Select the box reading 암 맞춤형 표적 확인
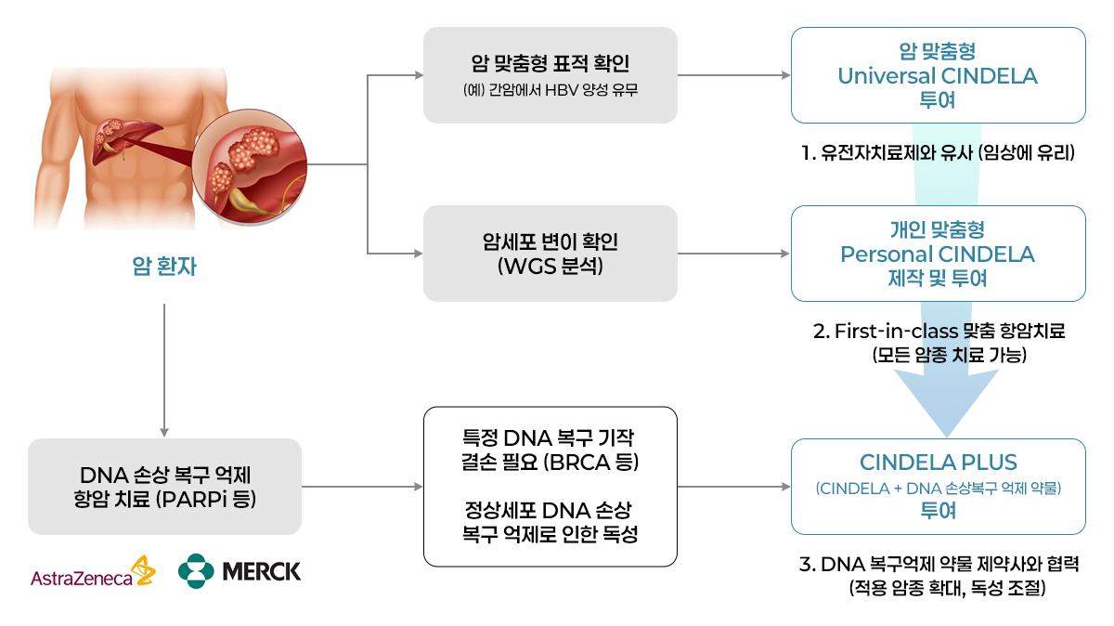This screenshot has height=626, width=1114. tap(550, 75)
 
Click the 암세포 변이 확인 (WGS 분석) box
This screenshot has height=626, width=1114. tap(550, 254)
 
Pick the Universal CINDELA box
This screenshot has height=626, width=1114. tap(938, 75)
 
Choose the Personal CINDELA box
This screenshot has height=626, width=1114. tap(938, 254)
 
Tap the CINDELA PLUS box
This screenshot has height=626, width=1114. tap(938, 486)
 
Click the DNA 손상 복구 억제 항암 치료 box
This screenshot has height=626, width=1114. tap(164, 486)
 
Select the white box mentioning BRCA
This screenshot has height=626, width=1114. tap(550, 486)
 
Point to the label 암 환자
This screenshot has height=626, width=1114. tap(164, 269)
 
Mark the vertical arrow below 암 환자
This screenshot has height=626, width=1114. tap(164, 372)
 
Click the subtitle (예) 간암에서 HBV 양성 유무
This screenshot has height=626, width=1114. tap(550, 91)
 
